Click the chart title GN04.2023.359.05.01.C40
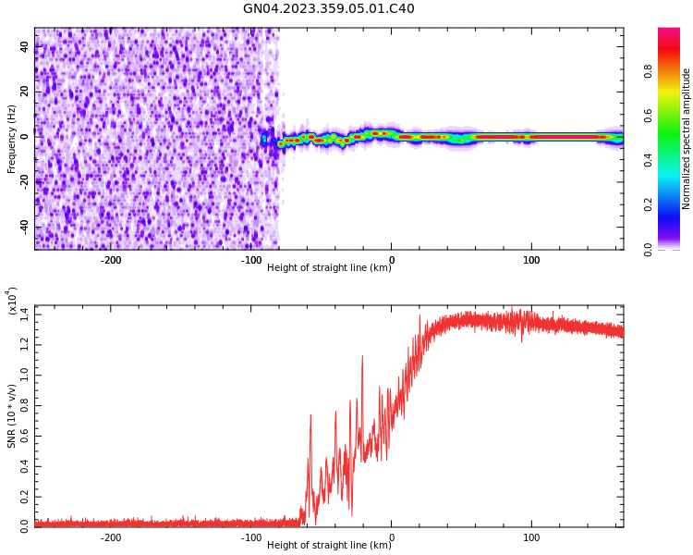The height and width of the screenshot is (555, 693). click(329, 9)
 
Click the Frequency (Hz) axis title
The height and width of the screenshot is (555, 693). click(12, 139)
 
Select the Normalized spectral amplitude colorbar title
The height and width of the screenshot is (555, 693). click(687, 139)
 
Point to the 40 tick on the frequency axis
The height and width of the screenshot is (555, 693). click(25, 47)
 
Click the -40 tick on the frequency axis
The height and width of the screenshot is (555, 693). click(23, 227)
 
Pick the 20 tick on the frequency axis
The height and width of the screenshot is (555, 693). click(25, 92)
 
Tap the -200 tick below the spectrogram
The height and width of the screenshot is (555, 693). click(110, 260)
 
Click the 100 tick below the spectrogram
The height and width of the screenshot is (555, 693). click(531, 260)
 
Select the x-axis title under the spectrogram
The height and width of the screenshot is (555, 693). click(329, 268)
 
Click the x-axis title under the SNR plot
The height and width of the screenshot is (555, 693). click(329, 546)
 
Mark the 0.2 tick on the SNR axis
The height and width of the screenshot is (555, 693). click(25, 496)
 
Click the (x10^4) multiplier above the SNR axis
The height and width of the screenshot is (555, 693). click(13, 302)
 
